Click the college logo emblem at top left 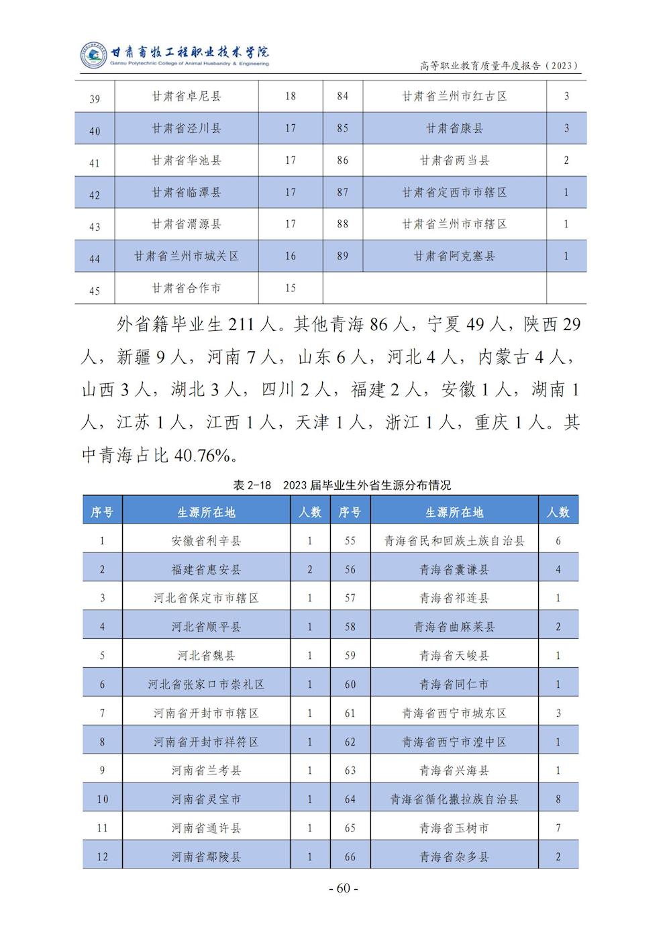pyautogui.click(x=94, y=56)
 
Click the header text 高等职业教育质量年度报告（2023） pyautogui.click(x=499, y=65)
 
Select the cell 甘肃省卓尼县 pyautogui.click(x=187, y=96)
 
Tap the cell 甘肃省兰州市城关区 pyautogui.click(x=187, y=256)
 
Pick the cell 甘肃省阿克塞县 pyautogui.click(x=454, y=256)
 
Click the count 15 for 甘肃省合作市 pyautogui.click(x=290, y=288)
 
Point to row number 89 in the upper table pyautogui.click(x=343, y=256)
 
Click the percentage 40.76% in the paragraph pyautogui.click(x=202, y=456)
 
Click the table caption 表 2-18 pyautogui.click(x=252, y=485)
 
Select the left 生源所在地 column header pyautogui.click(x=206, y=512)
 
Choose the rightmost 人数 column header pyautogui.click(x=558, y=512)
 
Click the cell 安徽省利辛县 pyautogui.click(x=206, y=541)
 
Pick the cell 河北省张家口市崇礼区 pyautogui.click(x=206, y=685)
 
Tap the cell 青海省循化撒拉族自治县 pyautogui.click(x=454, y=799)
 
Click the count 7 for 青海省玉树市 pyautogui.click(x=558, y=828)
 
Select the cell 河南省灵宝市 pyautogui.click(x=206, y=799)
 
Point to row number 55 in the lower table pyautogui.click(x=350, y=541)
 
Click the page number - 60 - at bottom pyautogui.click(x=344, y=888)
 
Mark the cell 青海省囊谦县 pyautogui.click(x=454, y=570)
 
